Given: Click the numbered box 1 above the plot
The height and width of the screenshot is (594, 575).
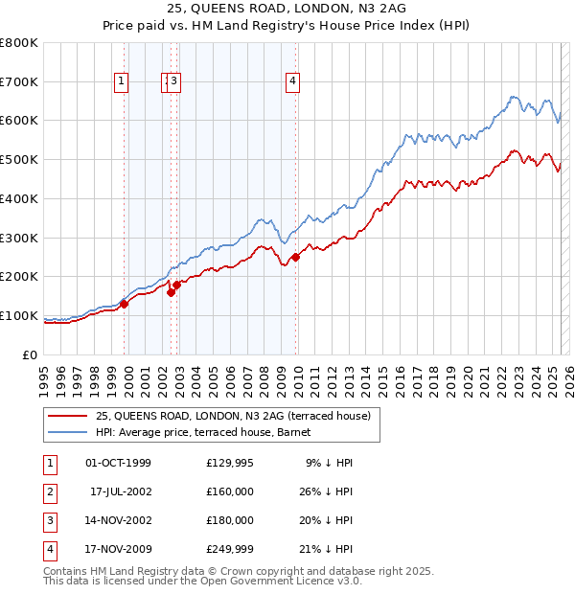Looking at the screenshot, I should tap(123, 82).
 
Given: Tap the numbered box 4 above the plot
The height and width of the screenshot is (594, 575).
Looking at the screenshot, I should tap(290, 82).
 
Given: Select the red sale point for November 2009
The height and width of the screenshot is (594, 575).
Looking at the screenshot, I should tap(296, 257).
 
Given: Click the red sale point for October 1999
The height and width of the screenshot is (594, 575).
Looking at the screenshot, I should tap(125, 304).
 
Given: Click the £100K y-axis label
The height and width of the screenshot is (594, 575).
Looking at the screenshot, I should tap(19, 315).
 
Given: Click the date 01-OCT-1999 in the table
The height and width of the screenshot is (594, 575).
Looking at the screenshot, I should tap(118, 463).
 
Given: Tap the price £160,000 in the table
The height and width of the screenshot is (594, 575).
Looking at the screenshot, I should tap(230, 491).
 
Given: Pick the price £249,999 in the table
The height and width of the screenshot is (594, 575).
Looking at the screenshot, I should tap(230, 549).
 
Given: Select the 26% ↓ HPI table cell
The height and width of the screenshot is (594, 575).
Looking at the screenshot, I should tap(325, 491).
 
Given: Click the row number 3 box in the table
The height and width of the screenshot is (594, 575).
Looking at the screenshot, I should tap(48, 520).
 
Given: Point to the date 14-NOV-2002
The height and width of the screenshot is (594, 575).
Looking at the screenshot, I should tap(118, 520).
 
